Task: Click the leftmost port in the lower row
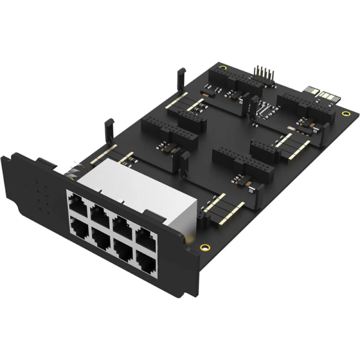pyautogui.click(x=79, y=226)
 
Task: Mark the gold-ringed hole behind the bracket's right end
pyautogui.click(x=205, y=246)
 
